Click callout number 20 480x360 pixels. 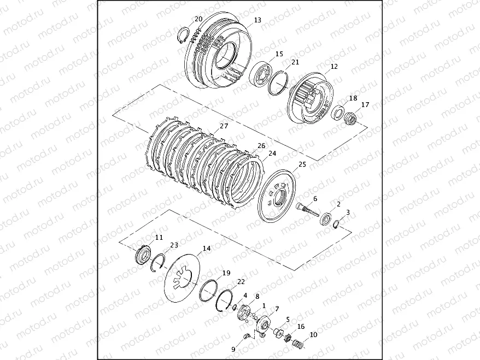[x=198, y=19]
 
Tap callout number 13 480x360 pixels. [x=257, y=20]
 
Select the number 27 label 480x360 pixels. [x=224, y=126]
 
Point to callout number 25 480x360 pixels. [x=302, y=164]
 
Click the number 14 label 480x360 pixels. [x=207, y=249]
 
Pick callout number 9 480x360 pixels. [x=233, y=349]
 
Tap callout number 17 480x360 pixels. [x=365, y=104]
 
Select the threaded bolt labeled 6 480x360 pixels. [x=307, y=210]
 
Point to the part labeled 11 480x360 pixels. [x=143, y=254]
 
